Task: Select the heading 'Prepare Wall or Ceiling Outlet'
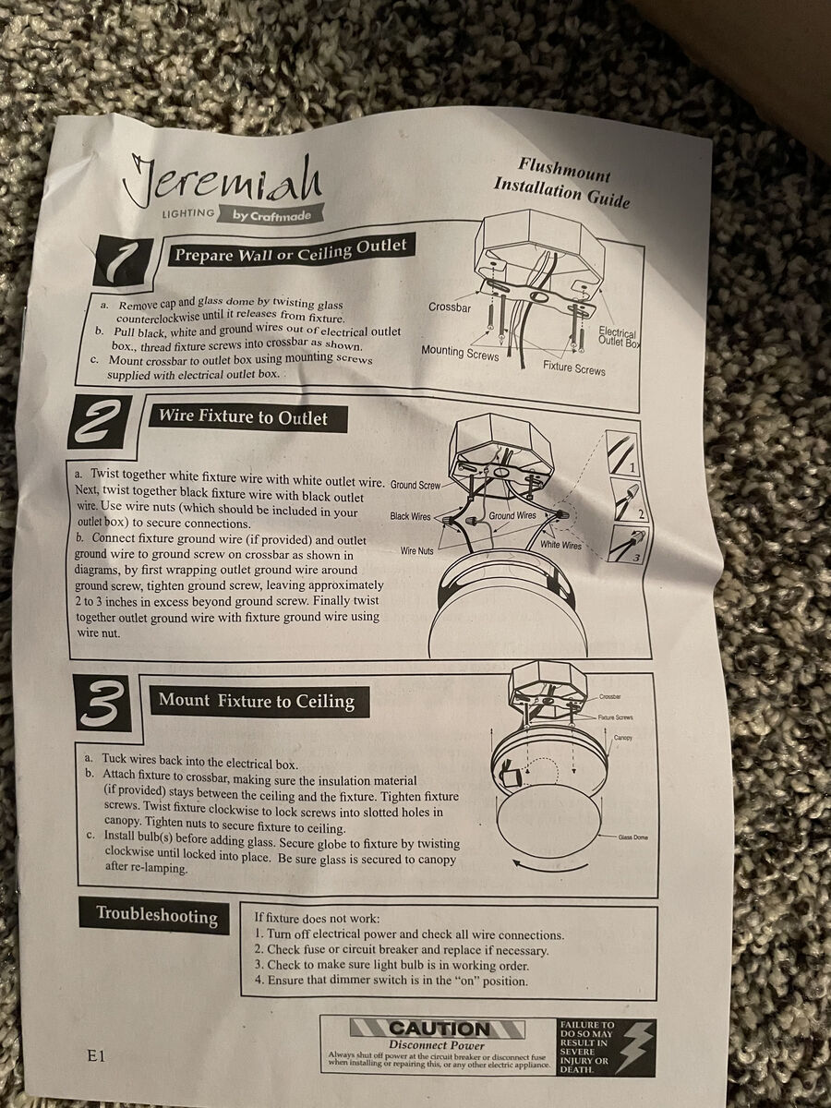pos(290,251)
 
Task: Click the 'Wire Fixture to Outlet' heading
pos(243,416)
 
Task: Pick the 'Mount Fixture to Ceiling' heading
pos(258,701)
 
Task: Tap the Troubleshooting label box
pos(156,915)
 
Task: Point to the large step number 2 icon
pos(100,423)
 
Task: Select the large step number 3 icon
pos(102,704)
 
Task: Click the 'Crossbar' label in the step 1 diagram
pos(450,307)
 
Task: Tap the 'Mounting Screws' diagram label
pos(460,353)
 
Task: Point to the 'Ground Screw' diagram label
pos(415,485)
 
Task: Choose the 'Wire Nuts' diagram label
pos(416,550)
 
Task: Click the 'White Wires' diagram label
pos(560,545)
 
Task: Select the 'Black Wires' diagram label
pos(410,516)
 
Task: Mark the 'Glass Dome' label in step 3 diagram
pos(632,837)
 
